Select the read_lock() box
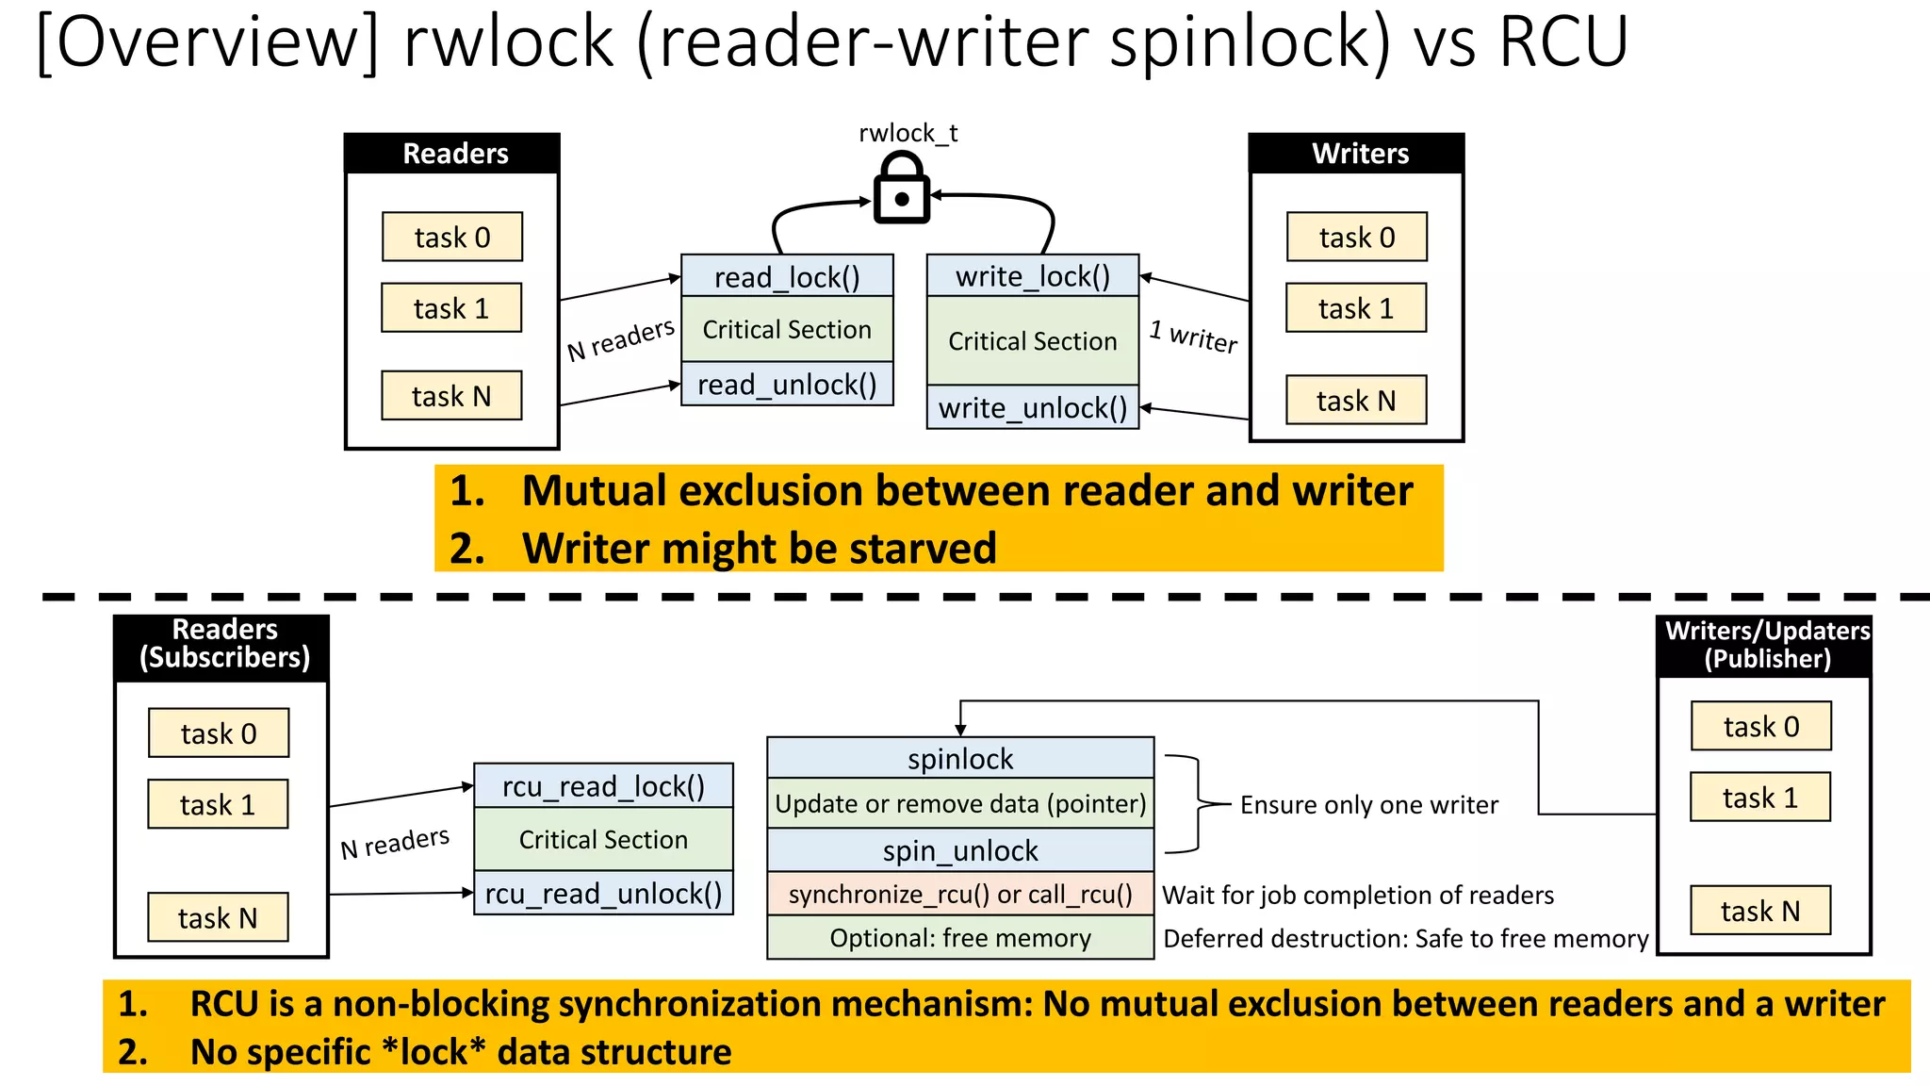click(x=787, y=276)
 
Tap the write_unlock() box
click(x=1033, y=407)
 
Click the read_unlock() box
click(x=787, y=384)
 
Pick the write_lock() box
click(x=1033, y=275)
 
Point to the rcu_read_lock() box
click(x=603, y=785)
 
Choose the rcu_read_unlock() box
click(x=603, y=893)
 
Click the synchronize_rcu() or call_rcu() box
click(x=960, y=894)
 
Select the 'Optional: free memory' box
click(x=960, y=938)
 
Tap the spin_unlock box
click(x=960, y=850)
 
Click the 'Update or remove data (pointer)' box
click(x=960, y=803)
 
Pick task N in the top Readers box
click(x=451, y=395)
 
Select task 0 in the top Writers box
click(x=1357, y=237)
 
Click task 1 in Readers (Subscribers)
click(x=218, y=804)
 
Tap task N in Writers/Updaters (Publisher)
click(x=1760, y=911)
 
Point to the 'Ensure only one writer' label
click(x=1369, y=804)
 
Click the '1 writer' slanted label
click(x=1193, y=337)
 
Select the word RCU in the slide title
click(x=1563, y=41)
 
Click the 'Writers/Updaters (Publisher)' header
click(x=1765, y=645)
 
